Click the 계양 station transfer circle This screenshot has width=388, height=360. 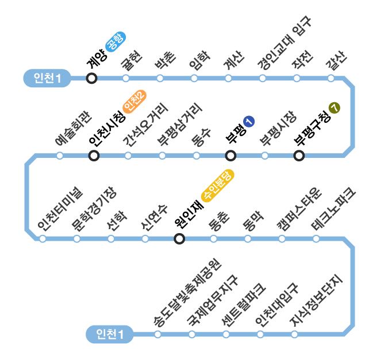pos(91,78)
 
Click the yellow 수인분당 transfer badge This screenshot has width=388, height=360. pos(218,185)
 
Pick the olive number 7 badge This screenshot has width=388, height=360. pos(335,107)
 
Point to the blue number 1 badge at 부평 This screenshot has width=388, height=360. pos(248,121)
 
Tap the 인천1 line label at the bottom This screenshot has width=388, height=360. pos(110,334)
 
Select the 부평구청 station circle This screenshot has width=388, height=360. pos(299,155)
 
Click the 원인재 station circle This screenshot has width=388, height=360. pos(179,239)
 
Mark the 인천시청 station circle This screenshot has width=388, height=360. pos(94,155)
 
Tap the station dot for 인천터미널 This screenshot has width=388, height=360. pos(43,239)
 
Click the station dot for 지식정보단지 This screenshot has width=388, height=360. pos(294,334)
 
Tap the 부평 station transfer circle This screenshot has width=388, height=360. pos(231,155)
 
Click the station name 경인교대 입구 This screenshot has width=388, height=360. pos(284,45)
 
